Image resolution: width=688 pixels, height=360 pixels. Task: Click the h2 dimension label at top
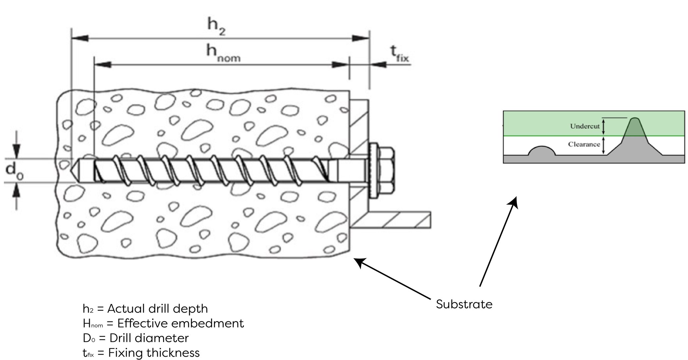click(x=216, y=26)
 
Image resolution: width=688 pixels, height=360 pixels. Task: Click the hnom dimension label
click(x=223, y=53)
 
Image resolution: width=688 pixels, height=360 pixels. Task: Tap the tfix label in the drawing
click(x=399, y=54)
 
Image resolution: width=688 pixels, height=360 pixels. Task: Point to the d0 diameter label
click(x=15, y=171)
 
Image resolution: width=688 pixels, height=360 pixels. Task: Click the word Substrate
click(x=464, y=304)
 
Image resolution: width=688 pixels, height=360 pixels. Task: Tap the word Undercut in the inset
click(x=585, y=126)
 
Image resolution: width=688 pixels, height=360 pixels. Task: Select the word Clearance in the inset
click(x=584, y=144)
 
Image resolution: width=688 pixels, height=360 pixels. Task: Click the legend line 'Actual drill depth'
click(x=145, y=309)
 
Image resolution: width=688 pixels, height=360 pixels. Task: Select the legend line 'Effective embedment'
click(x=163, y=323)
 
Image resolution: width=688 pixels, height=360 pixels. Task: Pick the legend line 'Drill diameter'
click(x=136, y=338)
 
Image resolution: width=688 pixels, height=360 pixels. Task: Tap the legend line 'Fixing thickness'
click(x=141, y=353)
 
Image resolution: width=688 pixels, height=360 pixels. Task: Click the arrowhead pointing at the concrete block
click(x=360, y=262)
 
